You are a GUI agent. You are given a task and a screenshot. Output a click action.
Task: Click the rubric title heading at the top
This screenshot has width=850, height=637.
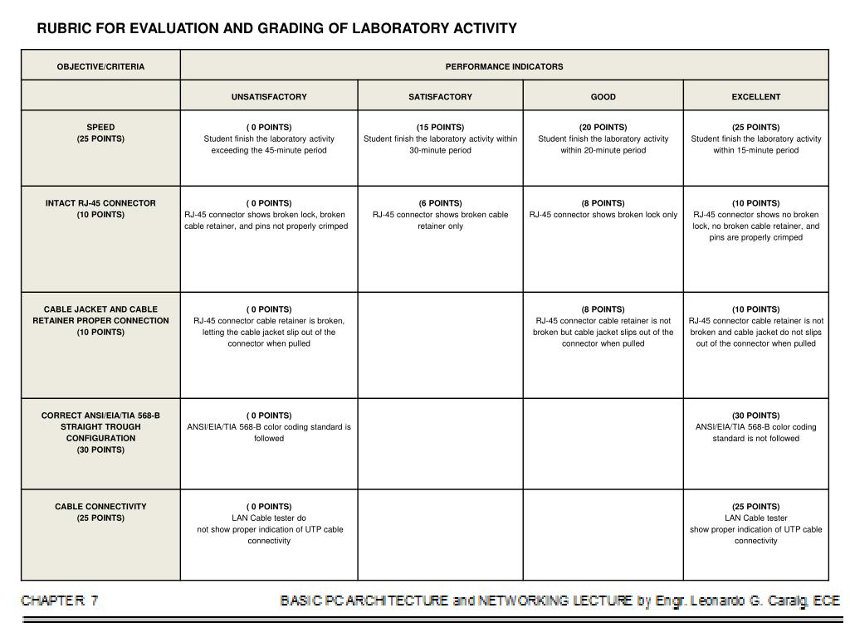276,29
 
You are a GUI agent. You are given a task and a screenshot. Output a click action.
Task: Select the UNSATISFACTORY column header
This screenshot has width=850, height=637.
269,97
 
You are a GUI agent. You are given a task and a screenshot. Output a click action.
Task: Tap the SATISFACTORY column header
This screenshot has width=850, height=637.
440,97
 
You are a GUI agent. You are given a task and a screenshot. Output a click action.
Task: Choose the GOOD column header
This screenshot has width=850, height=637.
603,97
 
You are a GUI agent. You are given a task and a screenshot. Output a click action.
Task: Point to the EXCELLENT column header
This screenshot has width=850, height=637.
755,97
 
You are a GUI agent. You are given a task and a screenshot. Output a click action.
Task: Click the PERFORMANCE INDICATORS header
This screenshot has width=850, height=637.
504,66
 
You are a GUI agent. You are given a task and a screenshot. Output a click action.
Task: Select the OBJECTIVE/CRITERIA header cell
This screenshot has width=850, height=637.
100,66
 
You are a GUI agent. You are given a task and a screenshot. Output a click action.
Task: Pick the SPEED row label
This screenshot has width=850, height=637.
100,128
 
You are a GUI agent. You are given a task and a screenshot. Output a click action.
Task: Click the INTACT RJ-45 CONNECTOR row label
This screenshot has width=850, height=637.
100,203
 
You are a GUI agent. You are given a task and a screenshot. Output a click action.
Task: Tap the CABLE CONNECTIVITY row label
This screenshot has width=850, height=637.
100,507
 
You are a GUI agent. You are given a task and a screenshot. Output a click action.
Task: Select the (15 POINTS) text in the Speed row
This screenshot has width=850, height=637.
440,128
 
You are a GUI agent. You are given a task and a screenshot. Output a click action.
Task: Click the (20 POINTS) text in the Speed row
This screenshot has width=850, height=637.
603,128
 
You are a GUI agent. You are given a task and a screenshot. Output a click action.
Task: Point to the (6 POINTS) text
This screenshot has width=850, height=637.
440,203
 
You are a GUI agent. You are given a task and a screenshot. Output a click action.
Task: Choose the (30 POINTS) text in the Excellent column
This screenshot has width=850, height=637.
755,416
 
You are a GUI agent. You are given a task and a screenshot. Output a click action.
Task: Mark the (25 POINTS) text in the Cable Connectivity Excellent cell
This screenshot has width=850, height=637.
755,507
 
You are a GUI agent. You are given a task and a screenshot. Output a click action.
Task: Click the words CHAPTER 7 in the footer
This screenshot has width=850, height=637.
60,601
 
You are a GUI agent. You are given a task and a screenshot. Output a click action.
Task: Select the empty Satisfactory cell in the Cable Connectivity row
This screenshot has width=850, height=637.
440,535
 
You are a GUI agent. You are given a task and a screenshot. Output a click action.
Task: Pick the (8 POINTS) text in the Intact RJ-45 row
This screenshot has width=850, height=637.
603,203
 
